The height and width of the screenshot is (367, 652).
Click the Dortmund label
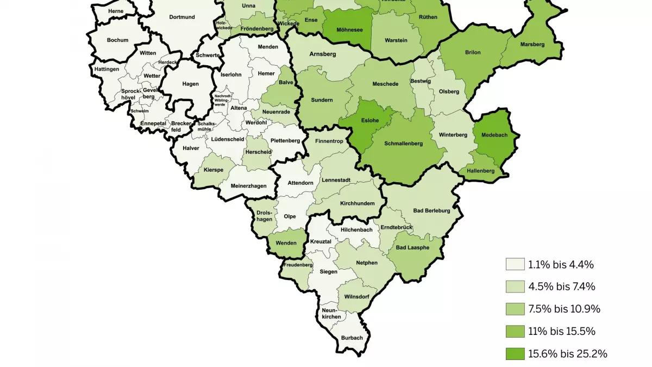(182, 17)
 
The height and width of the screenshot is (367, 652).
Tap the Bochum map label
(117, 40)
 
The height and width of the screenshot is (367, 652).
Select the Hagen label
(191, 84)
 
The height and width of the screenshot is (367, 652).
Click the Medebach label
(493, 139)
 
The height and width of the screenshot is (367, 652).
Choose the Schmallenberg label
(404, 145)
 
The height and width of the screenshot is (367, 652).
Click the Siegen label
(328, 271)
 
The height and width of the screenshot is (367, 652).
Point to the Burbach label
(352, 338)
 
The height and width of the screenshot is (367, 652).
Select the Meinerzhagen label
(249, 186)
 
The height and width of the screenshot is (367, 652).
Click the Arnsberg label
(323, 54)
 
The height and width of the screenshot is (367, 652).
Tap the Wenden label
(286, 242)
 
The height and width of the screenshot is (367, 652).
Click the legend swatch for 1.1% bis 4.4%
(515, 265)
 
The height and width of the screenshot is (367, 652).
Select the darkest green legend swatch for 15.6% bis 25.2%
(515, 354)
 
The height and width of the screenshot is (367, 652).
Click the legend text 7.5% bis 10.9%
(564, 309)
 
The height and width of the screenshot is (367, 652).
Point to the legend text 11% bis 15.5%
(562, 332)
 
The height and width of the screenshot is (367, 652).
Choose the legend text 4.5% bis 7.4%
(561, 287)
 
